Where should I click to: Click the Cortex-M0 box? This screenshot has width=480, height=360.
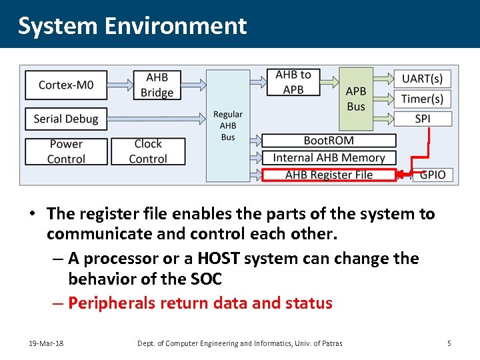[x=65, y=85]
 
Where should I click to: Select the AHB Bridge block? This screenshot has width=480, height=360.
[x=157, y=85]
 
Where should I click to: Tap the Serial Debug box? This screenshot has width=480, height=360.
[x=65, y=119]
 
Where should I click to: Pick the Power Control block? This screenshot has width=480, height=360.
[x=66, y=151]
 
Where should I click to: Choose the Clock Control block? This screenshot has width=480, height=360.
[x=148, y=151]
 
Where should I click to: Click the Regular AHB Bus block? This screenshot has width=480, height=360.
[x=228, y=125]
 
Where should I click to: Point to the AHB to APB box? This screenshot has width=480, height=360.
[x=293, y=82]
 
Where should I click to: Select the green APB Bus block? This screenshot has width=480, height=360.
[x=356, y=99]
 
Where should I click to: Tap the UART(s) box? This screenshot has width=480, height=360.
[x=422, y=79]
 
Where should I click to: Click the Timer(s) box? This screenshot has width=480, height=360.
[x=422, y=99]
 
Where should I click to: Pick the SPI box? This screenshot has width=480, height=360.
[x=422, y=119]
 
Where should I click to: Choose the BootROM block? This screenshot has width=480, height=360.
[x=329, y=141]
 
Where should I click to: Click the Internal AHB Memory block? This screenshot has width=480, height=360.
[x=329, y=158]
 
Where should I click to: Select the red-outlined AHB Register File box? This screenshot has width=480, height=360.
[x=329, y=175]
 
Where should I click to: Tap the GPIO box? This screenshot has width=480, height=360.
[x=433, y=175]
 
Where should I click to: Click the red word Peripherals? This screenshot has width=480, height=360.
[x=111, y=303]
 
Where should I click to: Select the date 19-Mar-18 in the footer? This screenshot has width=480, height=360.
[x=46, y=343]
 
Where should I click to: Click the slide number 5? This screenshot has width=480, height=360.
[x=449, y=343]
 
